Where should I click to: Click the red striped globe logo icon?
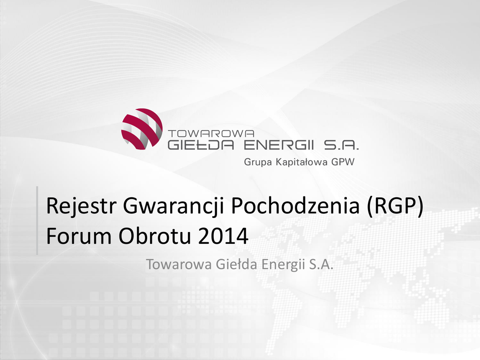[x=142, y=128]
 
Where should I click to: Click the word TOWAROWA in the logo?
[x=211, y=134]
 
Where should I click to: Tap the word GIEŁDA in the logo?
[x=201, y=145]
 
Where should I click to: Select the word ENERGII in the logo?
[x=279, y=145]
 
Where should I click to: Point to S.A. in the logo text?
[x=341, y=145]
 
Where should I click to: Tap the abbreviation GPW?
[x=343, y=162]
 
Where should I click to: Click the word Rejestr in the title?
[x=82, y=205]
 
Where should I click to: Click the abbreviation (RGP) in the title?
[x=395, y=206]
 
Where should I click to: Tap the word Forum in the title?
[x=79, y=236]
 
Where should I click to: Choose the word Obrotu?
[x=155, y=236]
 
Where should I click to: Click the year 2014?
[x=224, y=236]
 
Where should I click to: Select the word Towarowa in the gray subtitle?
[x=179, y=264]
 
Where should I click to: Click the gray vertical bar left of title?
[x=37, y=220]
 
